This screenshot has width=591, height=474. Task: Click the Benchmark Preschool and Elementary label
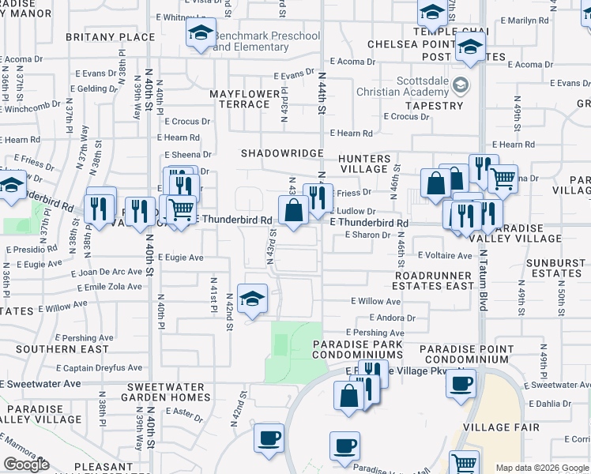coord(266,41)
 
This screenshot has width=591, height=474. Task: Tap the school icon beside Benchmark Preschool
coord(201,33)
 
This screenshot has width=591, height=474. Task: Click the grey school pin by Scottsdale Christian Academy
coord(462,85)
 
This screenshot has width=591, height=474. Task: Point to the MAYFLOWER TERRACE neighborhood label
coord(245,99)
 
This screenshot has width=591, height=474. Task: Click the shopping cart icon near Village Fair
coord(465,462)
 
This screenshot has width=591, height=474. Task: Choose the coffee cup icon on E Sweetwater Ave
coord(461,383)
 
